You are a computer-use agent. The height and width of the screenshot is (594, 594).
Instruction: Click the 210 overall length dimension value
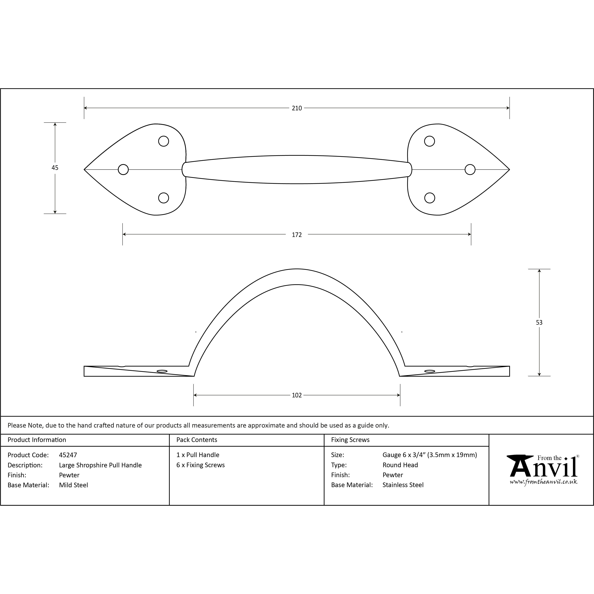click(297, 108)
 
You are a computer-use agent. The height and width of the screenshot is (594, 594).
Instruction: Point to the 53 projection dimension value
click(539, 323)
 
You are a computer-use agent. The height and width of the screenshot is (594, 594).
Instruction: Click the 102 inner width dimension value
click(297, 395)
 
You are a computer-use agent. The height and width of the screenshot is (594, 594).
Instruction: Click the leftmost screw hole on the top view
click(123, 169)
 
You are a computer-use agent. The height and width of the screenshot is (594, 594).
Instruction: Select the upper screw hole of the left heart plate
click(164, 141)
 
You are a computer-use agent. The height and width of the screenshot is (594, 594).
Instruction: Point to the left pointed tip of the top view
click(84, 169)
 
